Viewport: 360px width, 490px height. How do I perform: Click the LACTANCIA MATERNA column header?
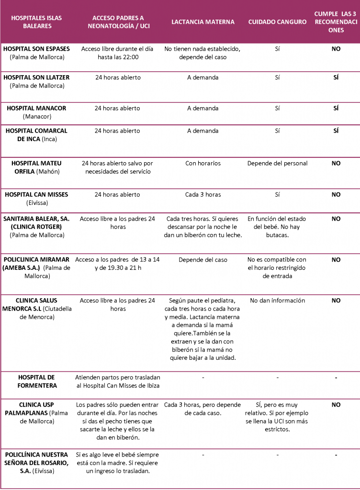point(203,22)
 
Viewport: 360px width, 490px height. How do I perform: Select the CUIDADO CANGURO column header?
point(277,22)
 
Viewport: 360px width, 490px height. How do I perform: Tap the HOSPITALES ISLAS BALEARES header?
point(37,22)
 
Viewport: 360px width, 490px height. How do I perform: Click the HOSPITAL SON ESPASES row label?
point(37,53)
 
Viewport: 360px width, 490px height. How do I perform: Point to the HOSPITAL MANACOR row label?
point(37,112)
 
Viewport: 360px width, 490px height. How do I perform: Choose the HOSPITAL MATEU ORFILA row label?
point(37,167)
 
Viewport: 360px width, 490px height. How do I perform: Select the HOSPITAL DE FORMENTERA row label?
point(37,381)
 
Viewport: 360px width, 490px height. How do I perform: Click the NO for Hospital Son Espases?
point(336,49)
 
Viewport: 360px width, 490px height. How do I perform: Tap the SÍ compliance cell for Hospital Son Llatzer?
point(336,77)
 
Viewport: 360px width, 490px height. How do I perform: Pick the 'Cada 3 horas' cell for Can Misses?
point(203,195)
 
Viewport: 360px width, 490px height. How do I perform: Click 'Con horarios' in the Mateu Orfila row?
point(203,163)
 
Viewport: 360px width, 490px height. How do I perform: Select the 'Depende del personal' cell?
point(277,163)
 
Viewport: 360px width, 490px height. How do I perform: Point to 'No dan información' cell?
point(277,301)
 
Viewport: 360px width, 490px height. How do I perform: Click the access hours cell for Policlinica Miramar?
point(118,264)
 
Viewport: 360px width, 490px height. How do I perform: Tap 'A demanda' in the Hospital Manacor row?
point(203,108)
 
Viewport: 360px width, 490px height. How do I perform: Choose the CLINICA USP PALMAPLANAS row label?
point(37,412)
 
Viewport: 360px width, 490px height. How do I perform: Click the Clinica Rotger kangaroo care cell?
point(277,227)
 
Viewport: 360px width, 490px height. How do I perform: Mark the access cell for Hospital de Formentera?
point(118,381)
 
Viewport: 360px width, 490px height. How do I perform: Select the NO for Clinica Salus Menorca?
point(336,301)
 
